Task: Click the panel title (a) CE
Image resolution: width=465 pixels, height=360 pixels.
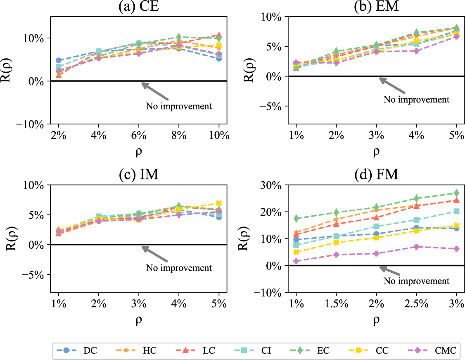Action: pyautogui.click(x=139, y=7)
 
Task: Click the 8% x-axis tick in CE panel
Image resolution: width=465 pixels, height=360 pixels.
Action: pyautogui.click(x=179, y=136)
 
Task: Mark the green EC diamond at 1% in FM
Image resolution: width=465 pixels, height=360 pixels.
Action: pyautogui.click(x=296, y=218)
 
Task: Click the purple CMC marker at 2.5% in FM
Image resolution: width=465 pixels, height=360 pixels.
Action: pyautogui.click(x=416, y=247)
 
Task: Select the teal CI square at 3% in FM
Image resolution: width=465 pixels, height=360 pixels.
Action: pyautogui.click(x=456, y=211)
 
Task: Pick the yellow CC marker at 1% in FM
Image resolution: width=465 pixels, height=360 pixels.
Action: pyautogui.click(x=296, y=252)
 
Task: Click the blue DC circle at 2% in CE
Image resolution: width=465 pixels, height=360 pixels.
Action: pyautogui.click(x=59, y=60)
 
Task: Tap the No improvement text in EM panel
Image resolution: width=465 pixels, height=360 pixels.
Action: pyautogui.click(x=416, y=99)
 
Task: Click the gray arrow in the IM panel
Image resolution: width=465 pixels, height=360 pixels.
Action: pyautogui.click(x=155, y=254)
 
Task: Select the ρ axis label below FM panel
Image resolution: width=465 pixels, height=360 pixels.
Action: pyautogui.click(x=376, y=320)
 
